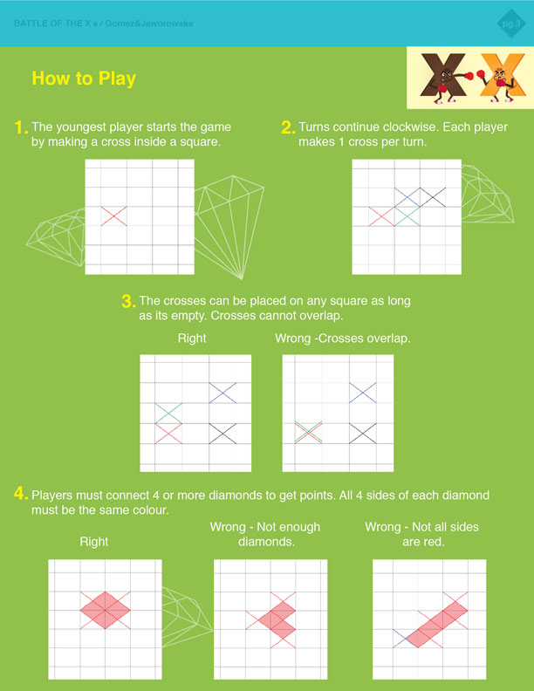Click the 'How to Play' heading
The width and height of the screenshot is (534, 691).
(x=84, y=79)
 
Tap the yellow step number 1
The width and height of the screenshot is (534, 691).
(x=20, y=127)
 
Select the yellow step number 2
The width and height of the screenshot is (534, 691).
(x=288, y=127)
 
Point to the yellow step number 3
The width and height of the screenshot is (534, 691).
(x=127, y=301)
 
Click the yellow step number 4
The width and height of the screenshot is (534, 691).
(x=21, y=493)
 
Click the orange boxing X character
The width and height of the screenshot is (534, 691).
(x=502, y=77)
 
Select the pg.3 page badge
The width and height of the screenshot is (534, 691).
(x=511, y=24)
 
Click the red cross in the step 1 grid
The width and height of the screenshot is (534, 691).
(x=113, y=216)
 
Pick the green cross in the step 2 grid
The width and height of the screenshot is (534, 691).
(x=407, y=216)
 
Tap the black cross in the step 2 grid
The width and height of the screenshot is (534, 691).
(x=432, y=197)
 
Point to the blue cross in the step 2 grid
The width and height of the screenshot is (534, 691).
(x=407, y=197)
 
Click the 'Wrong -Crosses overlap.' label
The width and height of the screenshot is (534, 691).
(x=343, y=339)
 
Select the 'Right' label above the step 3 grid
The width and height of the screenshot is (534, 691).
(x=192, y=339)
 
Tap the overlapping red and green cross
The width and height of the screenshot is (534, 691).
(x=308, y=433)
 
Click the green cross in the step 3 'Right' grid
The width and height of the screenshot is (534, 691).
(x=168, y=414)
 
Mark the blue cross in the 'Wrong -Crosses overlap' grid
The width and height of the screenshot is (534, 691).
(x=363, y=393)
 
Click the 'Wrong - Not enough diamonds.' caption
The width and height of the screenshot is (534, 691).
(x=265, y=534)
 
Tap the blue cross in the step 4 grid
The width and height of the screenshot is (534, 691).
(x=406, y=638)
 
